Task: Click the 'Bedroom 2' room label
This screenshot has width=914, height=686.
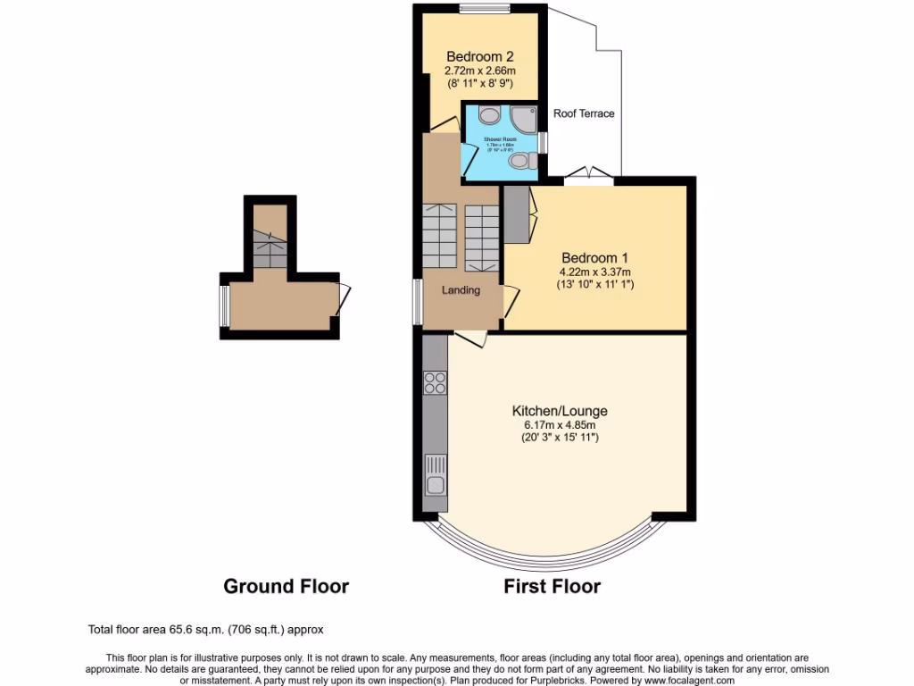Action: [480, 54]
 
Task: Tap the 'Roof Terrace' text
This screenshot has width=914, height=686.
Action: [584, 113]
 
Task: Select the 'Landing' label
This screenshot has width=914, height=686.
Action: [461, 290]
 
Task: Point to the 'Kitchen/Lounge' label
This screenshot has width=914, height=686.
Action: [560, 411]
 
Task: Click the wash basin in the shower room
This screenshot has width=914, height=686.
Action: [488, 114]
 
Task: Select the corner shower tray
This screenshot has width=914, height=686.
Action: [525, 117]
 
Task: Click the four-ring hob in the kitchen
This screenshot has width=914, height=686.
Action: [435, 382]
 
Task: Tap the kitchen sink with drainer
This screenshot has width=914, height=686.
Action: [436, 475]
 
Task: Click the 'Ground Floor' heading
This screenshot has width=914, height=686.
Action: [286, 587]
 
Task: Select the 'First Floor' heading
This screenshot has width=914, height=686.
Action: [552, 587]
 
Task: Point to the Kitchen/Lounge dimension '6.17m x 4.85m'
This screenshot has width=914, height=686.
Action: [560, 425]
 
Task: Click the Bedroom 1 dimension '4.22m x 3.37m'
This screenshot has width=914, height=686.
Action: [594, 272]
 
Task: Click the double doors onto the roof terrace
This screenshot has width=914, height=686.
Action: [589, 176]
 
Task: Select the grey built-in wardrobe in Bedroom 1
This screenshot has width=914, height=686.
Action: [517, 214]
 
